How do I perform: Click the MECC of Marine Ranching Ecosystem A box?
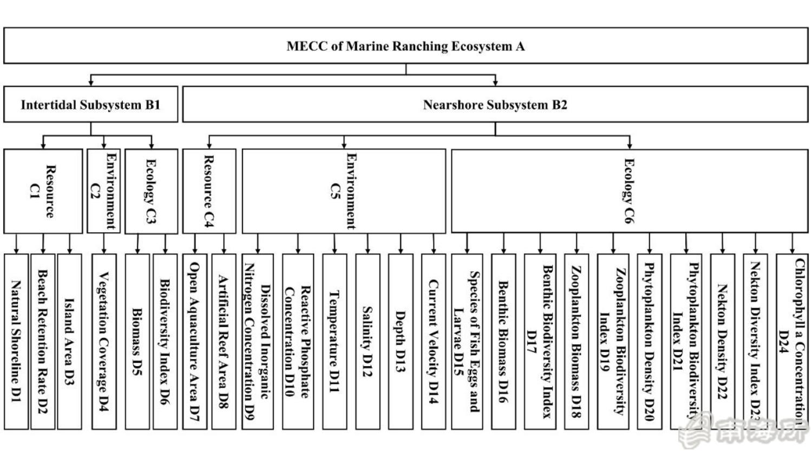pos(405,46)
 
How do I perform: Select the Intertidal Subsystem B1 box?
pos(90,105)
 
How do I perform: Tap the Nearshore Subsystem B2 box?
pos(495,105)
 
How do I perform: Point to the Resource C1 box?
pos(43,191)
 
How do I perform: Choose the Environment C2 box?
pos(103,191)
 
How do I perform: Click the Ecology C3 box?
pos(151,191)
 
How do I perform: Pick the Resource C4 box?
pos(209,191)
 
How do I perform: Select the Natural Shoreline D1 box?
pos(16,341)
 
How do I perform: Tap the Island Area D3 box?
pos(69,341)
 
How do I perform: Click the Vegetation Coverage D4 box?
pos(103,341)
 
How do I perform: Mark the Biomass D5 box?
pos(137,341)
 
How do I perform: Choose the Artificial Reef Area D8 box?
pos(223,341)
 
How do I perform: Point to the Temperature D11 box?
pos(335,341)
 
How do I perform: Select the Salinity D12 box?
pos(368,341)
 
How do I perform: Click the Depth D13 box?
pos(401,341)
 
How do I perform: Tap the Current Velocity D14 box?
pos(433,341)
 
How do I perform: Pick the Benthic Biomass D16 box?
pos(503,341)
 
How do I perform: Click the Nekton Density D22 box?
pos(722,341)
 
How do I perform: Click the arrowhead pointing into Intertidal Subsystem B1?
pos(91,82)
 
